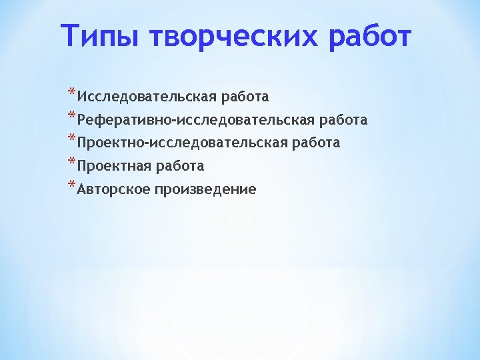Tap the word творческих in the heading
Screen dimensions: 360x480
coord(235,37)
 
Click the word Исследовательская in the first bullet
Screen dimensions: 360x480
coord(147,97)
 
